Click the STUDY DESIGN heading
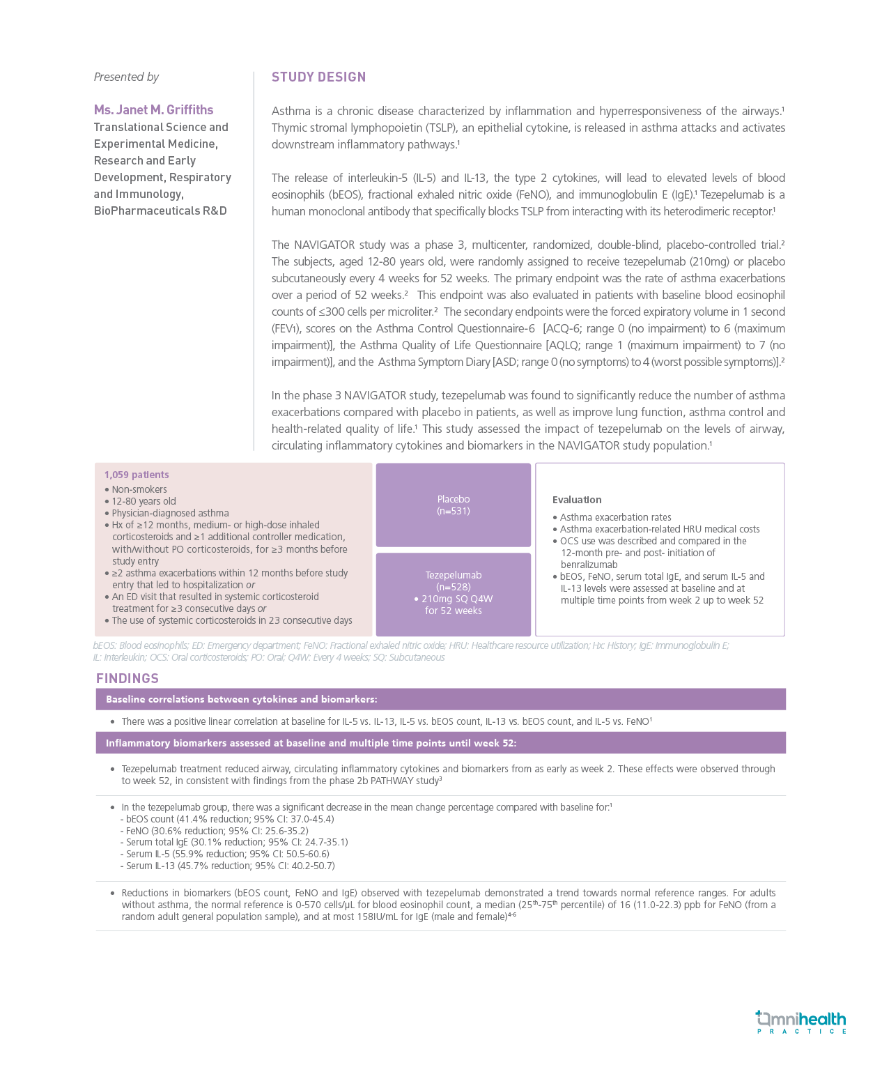pyautogui.click(x=318, y=77)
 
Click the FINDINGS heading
pyautogui.click(x=127, y=679)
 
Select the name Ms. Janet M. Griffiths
pyautogui.click(x=153, y=110)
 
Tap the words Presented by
pyautogui.click(x=126, y=77)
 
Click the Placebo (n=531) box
pyautogui.click(x=453, y=505)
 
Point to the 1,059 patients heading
pyautogui.click(x=137, y=475)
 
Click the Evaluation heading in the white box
pyautogui.click(x=577, y=500)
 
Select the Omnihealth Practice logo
pyautogui.click(x=801, y=1022)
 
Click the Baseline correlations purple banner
pyautogui.click(x=440, y=700)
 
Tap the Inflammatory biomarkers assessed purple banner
pyautogui.click(x=440, y=743)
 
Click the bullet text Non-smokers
pyautogui.click(x=139, y=490)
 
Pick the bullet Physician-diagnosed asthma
pyautogui.click(x=170, y=514)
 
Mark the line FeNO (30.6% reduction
pyautogui.click(x=217, y=832)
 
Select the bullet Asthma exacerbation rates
pyautogui.click(x=615, y=518)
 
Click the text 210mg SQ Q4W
pyautogui.click(x=456, y=599)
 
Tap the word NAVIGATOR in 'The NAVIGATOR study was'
pyautogui.click(x=325, y=245)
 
